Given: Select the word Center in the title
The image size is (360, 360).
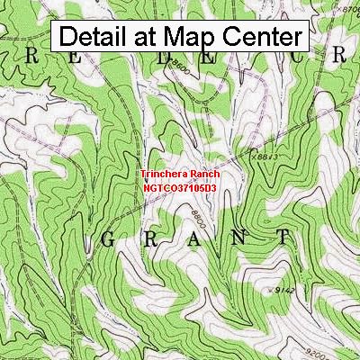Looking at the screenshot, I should (x=259, y=38).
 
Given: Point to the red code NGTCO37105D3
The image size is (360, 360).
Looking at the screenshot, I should (x=179, y=189).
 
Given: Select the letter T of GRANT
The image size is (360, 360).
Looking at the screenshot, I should (x=284, y=238).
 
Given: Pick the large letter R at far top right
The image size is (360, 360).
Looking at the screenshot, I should (x=339, y=55).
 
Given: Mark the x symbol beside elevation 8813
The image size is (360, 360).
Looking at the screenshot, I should (x=255, y=156).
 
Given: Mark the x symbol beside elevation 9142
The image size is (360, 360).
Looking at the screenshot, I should (x=274, y=290).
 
